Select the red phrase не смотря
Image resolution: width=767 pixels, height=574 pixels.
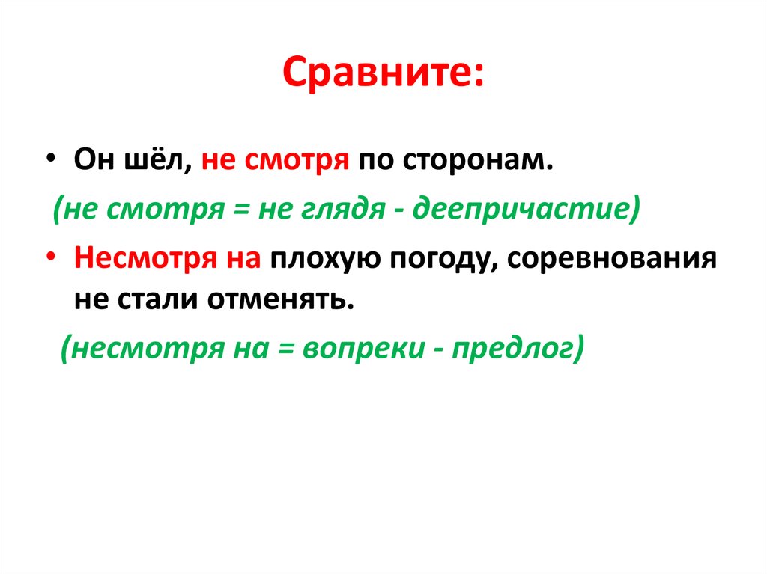(276, 160)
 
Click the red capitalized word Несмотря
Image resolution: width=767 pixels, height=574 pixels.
(145, 257)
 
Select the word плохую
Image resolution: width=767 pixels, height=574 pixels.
(325, 258)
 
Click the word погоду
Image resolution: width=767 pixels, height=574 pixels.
(439, 258)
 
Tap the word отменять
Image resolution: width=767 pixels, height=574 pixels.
(280, 299)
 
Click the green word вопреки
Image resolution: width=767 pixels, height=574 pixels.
(365, 348)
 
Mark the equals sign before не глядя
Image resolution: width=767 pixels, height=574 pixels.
(241, 210)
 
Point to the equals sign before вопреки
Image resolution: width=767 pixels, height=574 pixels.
(286, 349)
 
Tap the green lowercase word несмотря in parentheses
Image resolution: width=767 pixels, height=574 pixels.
(148, 349)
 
